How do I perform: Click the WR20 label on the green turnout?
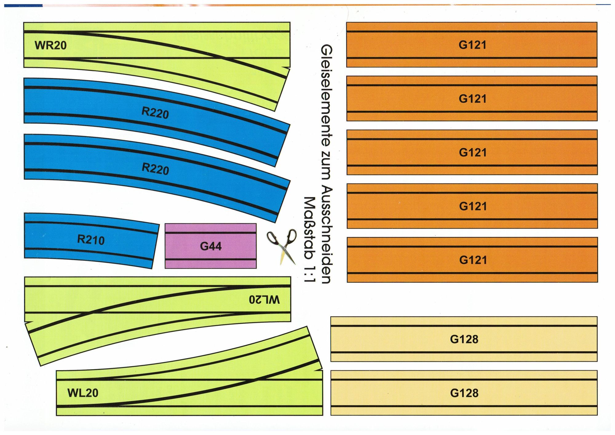pyautogui.click(x=50, y=45)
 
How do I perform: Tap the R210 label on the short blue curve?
pyautogui.click(x=91, y=239)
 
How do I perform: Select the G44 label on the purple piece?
pyautogui.click(x=211, y=246)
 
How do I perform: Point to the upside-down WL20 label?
pyautogui.click(x=264, y=299)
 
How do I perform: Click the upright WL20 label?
pyautogui.click(x=83, y=393)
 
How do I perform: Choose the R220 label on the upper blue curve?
pyautogui.click(x=155, y=113)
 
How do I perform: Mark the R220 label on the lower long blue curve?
pyautogui.click(x=155, y=169)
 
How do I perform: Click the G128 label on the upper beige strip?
pyautogui.click(x=464, y=339)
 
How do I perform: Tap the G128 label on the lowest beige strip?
pyautogui.click(x=464, y=393)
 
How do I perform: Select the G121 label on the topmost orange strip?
pyautogui.click(x=472, y=45)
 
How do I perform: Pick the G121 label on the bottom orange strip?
pyautogui.click(x=473, y=260)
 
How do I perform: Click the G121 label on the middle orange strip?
pyautogui.click(x=473, y=152)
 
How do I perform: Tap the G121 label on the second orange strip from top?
pyautogui.click(x=473, y=99)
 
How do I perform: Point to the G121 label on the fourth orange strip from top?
pyautogui.click(x=473, y=206)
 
